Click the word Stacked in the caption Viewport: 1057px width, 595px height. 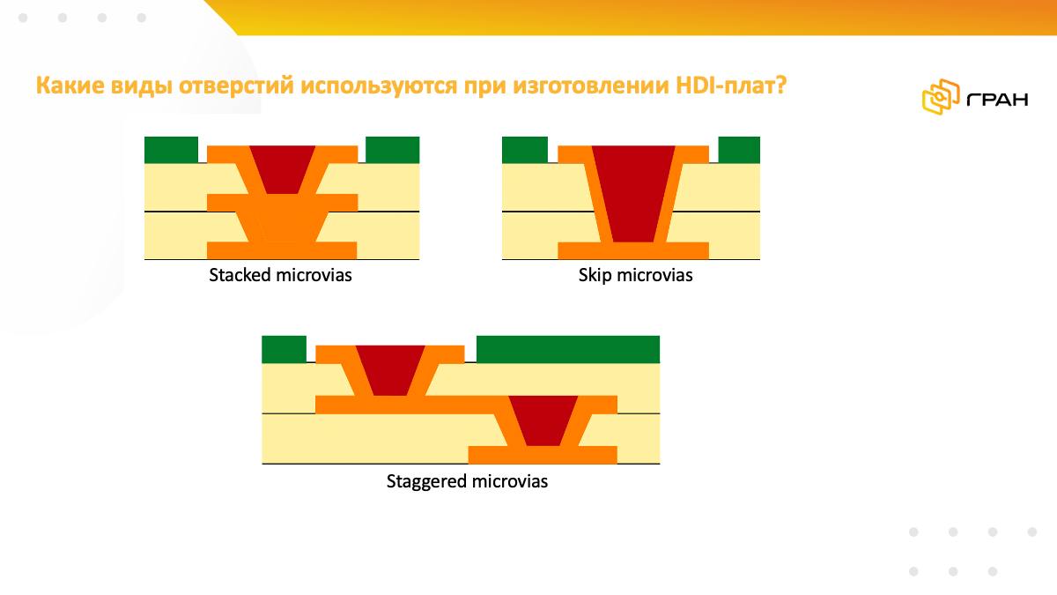click(x=240, y=275)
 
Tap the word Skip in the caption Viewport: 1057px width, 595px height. click(x=595, y=275)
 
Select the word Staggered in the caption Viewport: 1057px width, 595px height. click(x=426, y=482)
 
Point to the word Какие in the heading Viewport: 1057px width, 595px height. click(x=70, y=86)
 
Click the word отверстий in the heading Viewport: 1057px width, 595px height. click(x=236, y=86)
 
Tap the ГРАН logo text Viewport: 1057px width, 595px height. click(x=997, y=99)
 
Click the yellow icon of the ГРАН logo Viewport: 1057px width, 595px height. click(x=941, y=97)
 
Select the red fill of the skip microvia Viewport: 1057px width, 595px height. click(x=633, y=194)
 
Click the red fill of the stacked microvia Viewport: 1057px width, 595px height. click(x=282, y=169)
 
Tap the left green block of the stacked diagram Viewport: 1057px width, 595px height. click(x=171, y=150)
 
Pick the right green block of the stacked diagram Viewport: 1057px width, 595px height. click(x=393, y=150)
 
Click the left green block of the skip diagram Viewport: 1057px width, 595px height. click(x=525, y=150)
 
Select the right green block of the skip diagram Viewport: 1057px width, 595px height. click(x=739, y=150)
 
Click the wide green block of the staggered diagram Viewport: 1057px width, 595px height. click(x=568, y=349)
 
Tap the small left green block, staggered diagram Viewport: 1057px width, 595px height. click(x=284, y=349)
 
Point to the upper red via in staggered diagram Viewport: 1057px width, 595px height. click(x=390, y=370)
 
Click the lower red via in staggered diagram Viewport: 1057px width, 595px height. click(x=543, y=420)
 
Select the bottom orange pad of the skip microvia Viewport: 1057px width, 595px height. click(x=633, y=250)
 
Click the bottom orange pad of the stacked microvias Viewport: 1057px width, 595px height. click(x=282, y=250)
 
